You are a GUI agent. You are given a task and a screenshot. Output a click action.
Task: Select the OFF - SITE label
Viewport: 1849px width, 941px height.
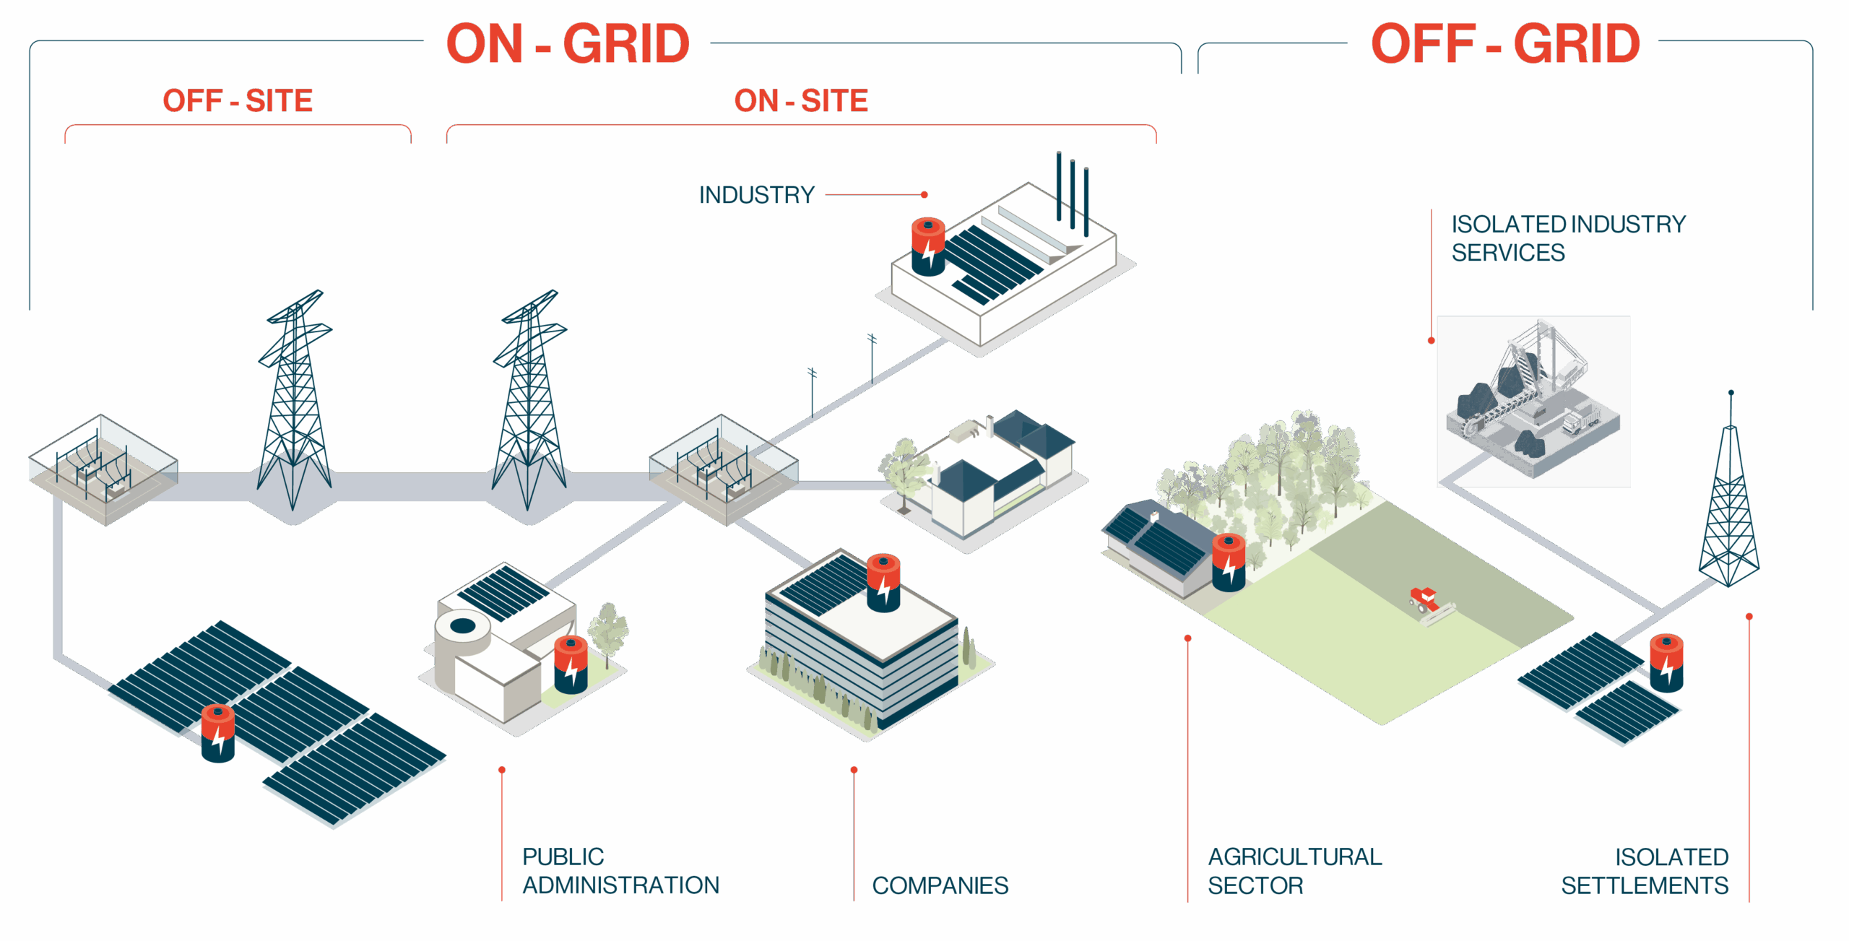(238, 100)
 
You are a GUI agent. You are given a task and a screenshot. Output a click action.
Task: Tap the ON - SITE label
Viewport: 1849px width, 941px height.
(801, 100)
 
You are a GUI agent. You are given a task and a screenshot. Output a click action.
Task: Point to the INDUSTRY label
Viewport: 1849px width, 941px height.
(756, 195)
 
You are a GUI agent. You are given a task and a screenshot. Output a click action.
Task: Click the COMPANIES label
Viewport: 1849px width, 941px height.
(940, 885)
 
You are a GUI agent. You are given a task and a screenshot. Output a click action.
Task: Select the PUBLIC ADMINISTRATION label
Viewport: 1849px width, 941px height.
(620, 871)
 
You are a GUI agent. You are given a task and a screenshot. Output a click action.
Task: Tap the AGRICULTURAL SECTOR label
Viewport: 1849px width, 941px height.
(1294, 871)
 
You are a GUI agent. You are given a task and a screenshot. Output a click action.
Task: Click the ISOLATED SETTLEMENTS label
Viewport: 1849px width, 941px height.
(1645, 871)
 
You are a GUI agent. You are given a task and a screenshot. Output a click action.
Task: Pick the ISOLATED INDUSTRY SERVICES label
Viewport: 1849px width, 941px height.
(1568, 238)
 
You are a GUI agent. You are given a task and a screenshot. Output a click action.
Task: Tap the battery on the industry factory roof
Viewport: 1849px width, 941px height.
(928, 246)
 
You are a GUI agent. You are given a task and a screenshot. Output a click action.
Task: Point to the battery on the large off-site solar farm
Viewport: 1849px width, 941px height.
(218, 733)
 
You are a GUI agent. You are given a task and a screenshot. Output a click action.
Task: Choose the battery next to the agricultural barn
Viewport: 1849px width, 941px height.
(1229, 563)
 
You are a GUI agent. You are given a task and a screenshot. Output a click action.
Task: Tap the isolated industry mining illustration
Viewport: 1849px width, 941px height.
(1533, 401)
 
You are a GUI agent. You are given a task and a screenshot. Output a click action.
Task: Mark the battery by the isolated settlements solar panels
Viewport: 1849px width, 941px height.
(1666, 663)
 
